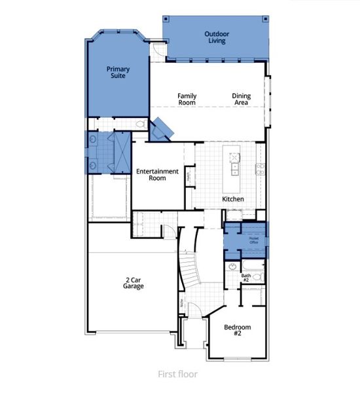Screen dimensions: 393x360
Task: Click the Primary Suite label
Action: coord(118,72)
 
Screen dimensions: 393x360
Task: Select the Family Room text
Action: coord(187,100)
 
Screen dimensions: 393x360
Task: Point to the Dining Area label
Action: coord(241,100)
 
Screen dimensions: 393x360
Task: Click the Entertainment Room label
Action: coord(157,174)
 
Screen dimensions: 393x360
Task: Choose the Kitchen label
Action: coord(233,198)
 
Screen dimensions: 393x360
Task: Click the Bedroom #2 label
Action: coord(238,330)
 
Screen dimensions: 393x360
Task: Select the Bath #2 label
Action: coord(246,278)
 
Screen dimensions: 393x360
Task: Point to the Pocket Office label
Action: coord(254,240)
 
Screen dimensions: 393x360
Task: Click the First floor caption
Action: coord(177,375)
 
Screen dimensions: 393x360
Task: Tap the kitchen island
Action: coord(234,165)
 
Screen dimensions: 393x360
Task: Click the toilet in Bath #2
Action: coord(257,277)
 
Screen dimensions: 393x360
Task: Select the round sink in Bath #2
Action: coord(233,267)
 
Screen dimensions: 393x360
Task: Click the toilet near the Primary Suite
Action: coord(140,124)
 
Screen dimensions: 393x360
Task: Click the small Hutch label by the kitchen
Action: coord(187,176)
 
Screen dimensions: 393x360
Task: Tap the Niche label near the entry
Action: coord(181,303)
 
